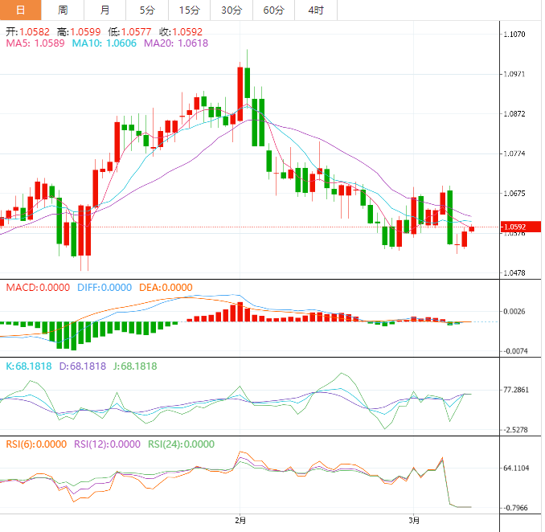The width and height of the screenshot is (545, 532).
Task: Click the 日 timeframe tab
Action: click(20, 10)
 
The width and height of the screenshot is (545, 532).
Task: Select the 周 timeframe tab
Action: click(63, 10)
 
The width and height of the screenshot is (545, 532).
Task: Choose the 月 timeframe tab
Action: click(105, 10)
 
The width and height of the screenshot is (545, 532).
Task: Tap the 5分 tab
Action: click(147, 10)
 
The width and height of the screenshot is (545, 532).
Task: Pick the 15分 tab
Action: click(189, 10)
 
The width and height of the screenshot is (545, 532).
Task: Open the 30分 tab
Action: click(232, 10)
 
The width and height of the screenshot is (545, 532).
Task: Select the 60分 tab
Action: click(273, 10)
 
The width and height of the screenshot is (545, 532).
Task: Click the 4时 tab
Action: click(315, 10)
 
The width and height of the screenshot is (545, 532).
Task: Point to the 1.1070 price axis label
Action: click(514, 35)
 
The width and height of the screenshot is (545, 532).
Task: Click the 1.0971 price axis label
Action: click(514, 74)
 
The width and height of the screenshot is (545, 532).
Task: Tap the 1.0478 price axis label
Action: click(514, 273)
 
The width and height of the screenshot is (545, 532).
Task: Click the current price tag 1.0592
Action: click(514, 227)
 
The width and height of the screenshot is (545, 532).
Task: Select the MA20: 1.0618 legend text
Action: click(175, 43)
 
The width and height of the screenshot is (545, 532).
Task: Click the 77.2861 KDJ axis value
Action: click(514, 390)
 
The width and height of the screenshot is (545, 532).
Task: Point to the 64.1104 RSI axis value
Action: click(514, 468)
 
